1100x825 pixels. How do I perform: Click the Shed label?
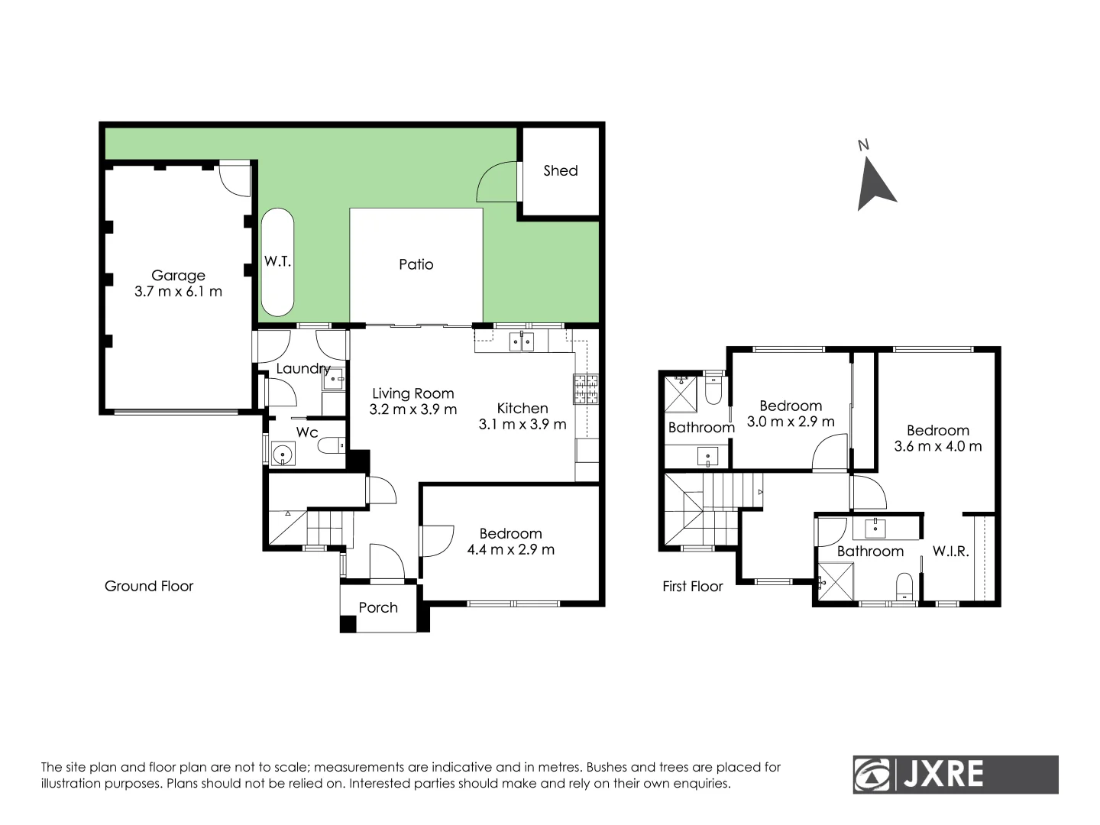click(x=560, y=170)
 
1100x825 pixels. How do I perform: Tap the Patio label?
click(x=416, y=264)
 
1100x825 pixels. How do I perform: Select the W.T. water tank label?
click(x=277, y=261)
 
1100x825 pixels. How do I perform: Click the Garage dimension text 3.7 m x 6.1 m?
click(x=178, y=291)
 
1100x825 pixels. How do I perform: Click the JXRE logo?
click(x=955, y=775)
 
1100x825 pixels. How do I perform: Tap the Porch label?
click(x=378, y=607)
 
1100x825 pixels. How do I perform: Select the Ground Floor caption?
click(x=149, y=586)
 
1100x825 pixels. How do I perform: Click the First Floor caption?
click(x=692, y=586)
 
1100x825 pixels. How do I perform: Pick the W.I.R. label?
click(x=950, y=551)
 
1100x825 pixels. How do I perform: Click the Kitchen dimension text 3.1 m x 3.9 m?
click(x=522, y=424)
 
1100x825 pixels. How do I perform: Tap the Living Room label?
click(x=413, y=393)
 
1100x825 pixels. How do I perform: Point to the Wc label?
click(x=307, y=432)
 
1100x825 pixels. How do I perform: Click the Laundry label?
click(x=302, y=368)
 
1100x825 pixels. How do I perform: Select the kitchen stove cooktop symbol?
click(x=587, y=390)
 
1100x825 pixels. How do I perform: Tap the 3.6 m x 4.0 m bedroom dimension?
click(x=937, y=446)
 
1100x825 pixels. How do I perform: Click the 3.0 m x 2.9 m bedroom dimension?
click(x=791, y=422)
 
